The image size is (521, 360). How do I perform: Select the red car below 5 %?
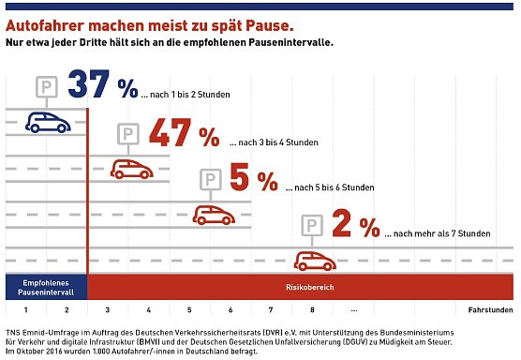coord(214,214)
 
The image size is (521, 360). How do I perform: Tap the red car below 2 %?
coord(316,260)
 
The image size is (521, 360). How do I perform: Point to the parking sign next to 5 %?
coord(212,179)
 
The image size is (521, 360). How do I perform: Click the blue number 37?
coord(90,85)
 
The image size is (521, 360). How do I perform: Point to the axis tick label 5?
coord(189,309)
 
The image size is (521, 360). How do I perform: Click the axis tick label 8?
coord(311,309)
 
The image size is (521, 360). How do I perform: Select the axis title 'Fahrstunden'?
coord(489,309)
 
